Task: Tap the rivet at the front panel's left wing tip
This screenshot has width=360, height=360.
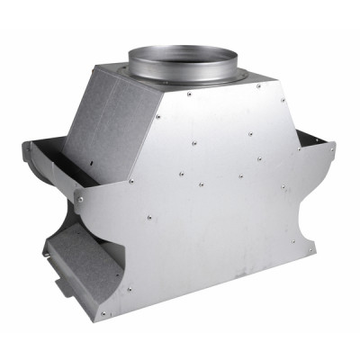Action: tap(79, 199)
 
